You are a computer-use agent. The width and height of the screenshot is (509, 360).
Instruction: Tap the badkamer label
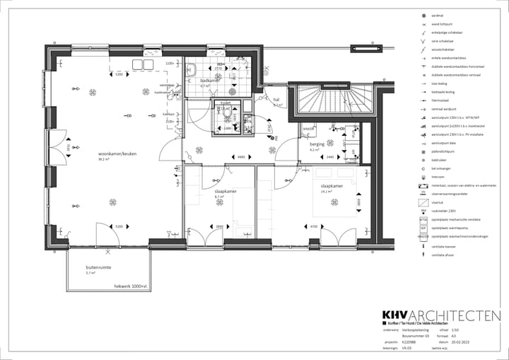210,81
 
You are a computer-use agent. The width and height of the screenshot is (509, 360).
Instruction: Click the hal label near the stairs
277,100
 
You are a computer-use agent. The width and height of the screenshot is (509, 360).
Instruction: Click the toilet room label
226,103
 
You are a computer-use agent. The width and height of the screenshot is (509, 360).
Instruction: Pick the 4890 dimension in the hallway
240,156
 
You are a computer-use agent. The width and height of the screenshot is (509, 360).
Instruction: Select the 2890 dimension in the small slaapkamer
219,226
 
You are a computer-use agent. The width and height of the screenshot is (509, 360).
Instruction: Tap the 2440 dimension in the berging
329,156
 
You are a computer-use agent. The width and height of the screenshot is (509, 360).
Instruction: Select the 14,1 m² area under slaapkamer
327,192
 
